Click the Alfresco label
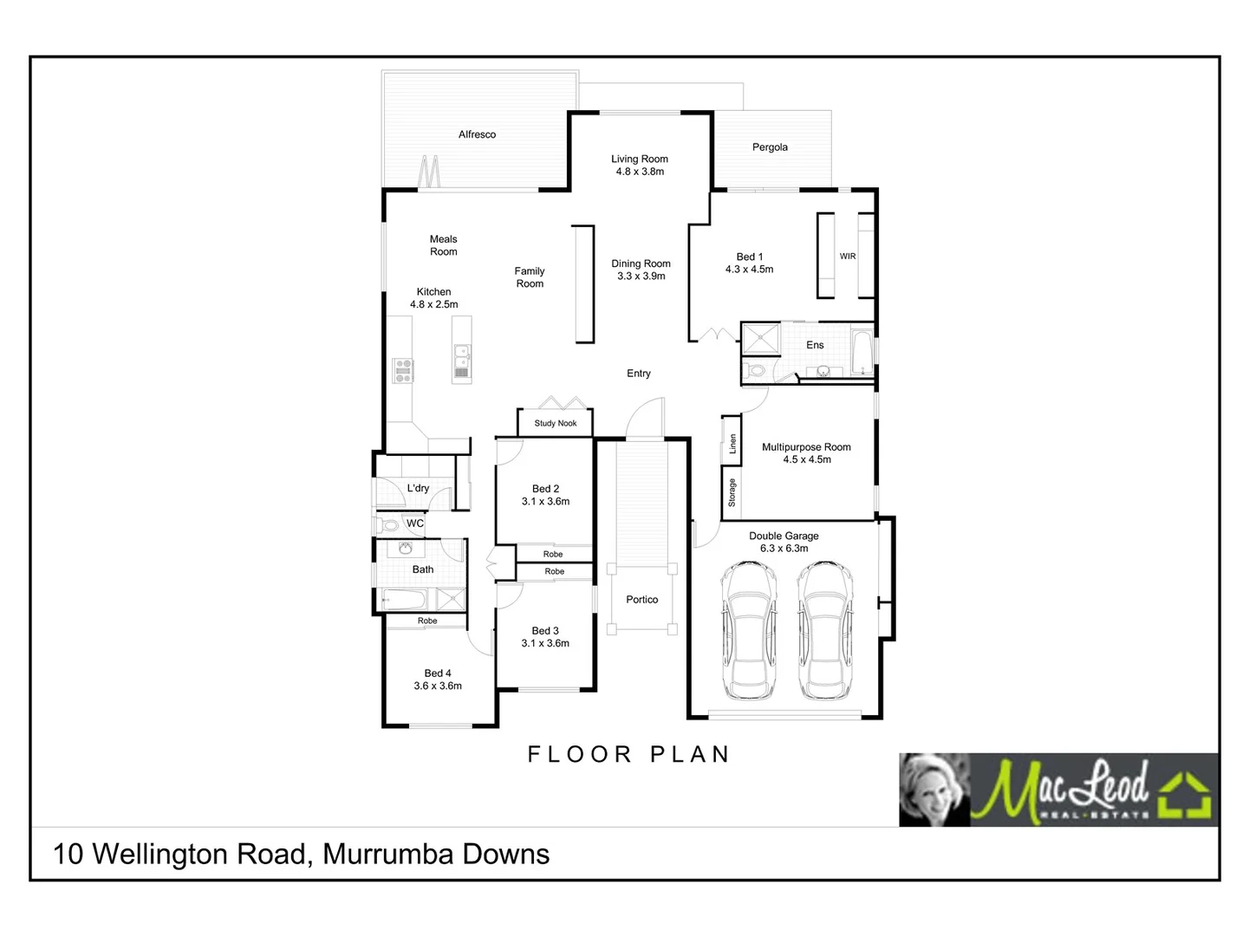click(477, 134)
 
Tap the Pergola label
click(770, 147)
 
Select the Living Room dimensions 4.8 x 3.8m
click(640, 172)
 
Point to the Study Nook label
click(556, 423)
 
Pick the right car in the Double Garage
click(825, 630)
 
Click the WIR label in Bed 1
click(848, 257)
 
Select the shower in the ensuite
click(761, 339)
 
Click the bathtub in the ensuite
click(862, 351)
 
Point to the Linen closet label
click(732, 444)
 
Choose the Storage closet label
click(732, 492)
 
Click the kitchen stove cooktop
click(403, 370)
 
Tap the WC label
click(415, 523)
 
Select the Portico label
click(642, 600)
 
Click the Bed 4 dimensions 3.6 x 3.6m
click(438, 686)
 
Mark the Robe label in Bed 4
click(427, 621)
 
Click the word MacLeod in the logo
click(1063, 788)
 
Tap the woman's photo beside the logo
click(934, 789)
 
